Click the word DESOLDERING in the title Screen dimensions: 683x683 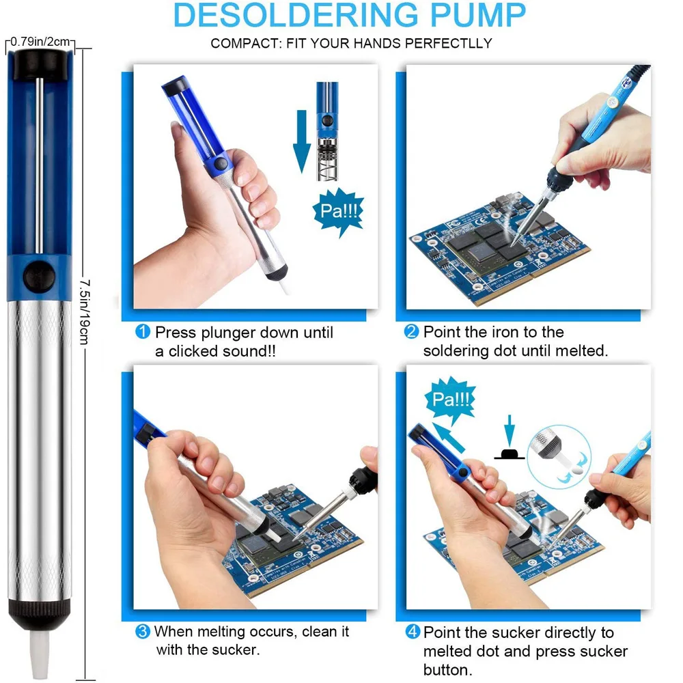click(x=296, y=15)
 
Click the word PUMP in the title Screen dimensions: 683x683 click(x=478, y=15)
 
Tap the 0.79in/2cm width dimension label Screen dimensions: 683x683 click(x=40, y=42)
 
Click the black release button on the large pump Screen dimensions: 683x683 click(x=39, y=277)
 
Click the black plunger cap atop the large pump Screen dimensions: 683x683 click(x=40, y=64)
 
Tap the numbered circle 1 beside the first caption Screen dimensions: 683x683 click(x=143, y=332)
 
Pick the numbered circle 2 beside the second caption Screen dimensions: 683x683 click(x=411, y=331)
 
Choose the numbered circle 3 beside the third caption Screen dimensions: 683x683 click(x=143, y=631)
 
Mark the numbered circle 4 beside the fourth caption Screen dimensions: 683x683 click(x=413, y=632)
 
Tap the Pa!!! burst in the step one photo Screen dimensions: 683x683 click(x=339, y=212)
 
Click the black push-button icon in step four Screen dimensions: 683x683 click(x=510, y=454)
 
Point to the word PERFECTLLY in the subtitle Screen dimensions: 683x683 click(x=448, y=43)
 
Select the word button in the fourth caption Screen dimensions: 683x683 click(x=448, y=669)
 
